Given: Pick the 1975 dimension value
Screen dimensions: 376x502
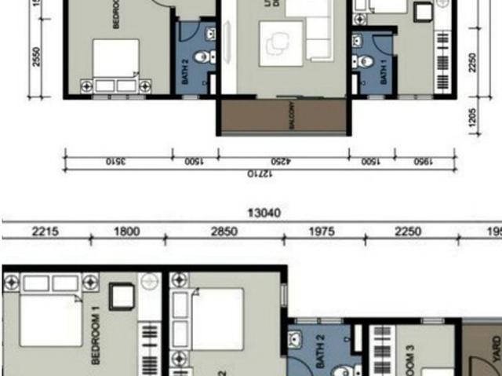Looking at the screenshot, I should (x=322, y=232).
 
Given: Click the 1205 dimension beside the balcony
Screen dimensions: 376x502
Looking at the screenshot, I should (x=473, y=118).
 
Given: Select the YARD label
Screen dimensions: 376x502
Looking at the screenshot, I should (x=495, y=350).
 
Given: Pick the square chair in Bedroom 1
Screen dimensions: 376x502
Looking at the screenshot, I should (x=122, y=296).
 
